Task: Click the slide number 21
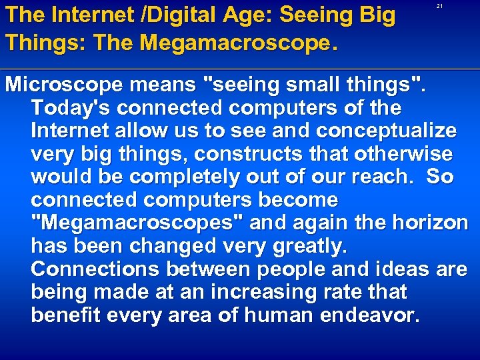coord(439,7)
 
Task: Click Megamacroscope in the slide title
coord(214,43)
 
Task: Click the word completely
coord(183,177)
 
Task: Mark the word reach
coord(374,177)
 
